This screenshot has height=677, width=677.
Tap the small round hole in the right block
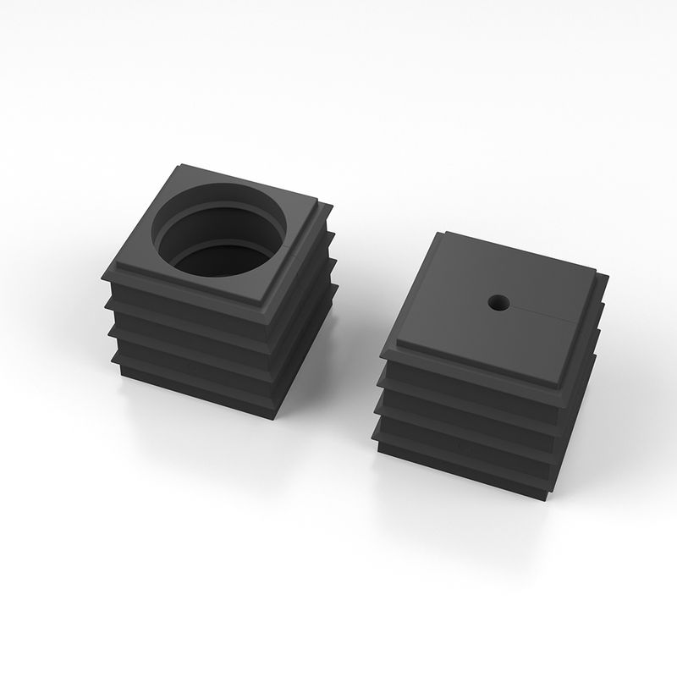pos(498,301)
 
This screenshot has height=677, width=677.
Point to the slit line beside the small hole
pos(550,316)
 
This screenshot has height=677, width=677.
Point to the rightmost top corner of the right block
pos(607,276)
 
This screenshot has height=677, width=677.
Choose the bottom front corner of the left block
pos(275,417)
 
